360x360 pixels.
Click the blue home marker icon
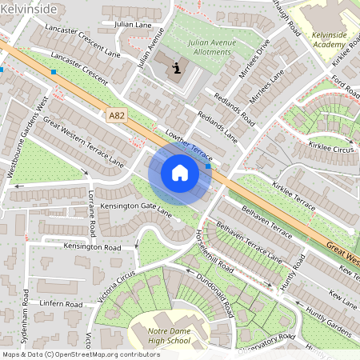click(180, 172)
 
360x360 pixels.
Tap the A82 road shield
click(117, 116)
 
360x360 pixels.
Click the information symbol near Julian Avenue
click(176, 70)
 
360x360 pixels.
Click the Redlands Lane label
click(219, 126)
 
